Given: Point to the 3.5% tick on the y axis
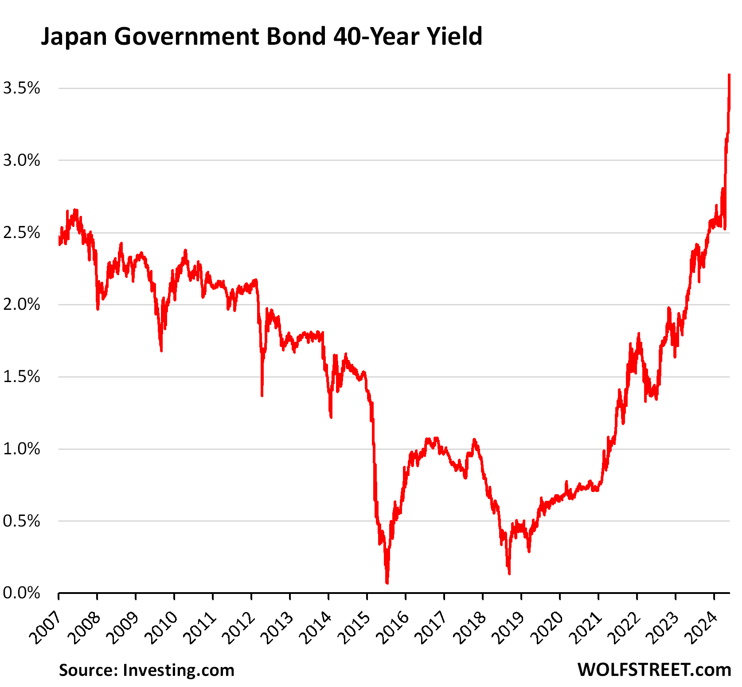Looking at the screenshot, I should tap(21, 88).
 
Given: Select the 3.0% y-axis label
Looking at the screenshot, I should tap(21, 160).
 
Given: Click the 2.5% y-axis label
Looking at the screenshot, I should tap(21, 233).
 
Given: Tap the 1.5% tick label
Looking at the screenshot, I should tap(21, 377).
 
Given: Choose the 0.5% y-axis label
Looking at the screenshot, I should tap(21, 521).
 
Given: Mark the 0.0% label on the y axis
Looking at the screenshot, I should tap(21, 593).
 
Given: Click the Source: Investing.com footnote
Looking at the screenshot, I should tap(146, 670).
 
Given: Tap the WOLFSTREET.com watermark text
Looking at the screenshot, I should tap(654, 670).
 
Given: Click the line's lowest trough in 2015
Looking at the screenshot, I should tap(387, 582).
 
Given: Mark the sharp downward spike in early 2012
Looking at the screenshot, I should tap(262, 394).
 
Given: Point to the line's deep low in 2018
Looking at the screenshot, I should tap(509, 573).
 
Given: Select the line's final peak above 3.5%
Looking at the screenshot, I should tap(729, 76).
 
